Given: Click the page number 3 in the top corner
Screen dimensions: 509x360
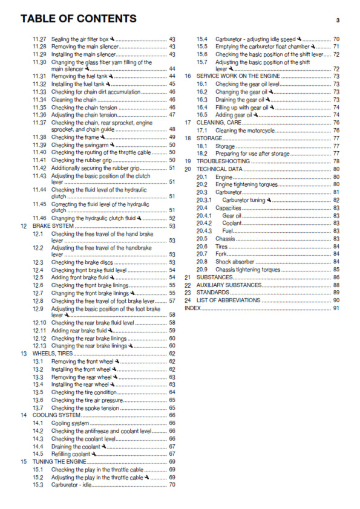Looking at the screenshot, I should tap(338, 20).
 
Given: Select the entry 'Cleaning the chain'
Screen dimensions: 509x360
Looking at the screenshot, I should tap(74, 99).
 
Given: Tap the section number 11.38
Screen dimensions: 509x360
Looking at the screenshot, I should tap(39, 137).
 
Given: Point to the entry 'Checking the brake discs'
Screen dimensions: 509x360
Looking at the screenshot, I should tap(82, 262).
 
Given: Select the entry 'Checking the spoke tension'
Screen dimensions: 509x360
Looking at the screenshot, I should tap(85, 408).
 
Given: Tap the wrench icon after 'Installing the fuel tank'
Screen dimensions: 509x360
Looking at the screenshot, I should tap(111, 84).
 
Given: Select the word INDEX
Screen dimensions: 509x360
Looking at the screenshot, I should tap(192, 308).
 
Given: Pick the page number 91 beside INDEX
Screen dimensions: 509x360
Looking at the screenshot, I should tap(336, 308).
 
